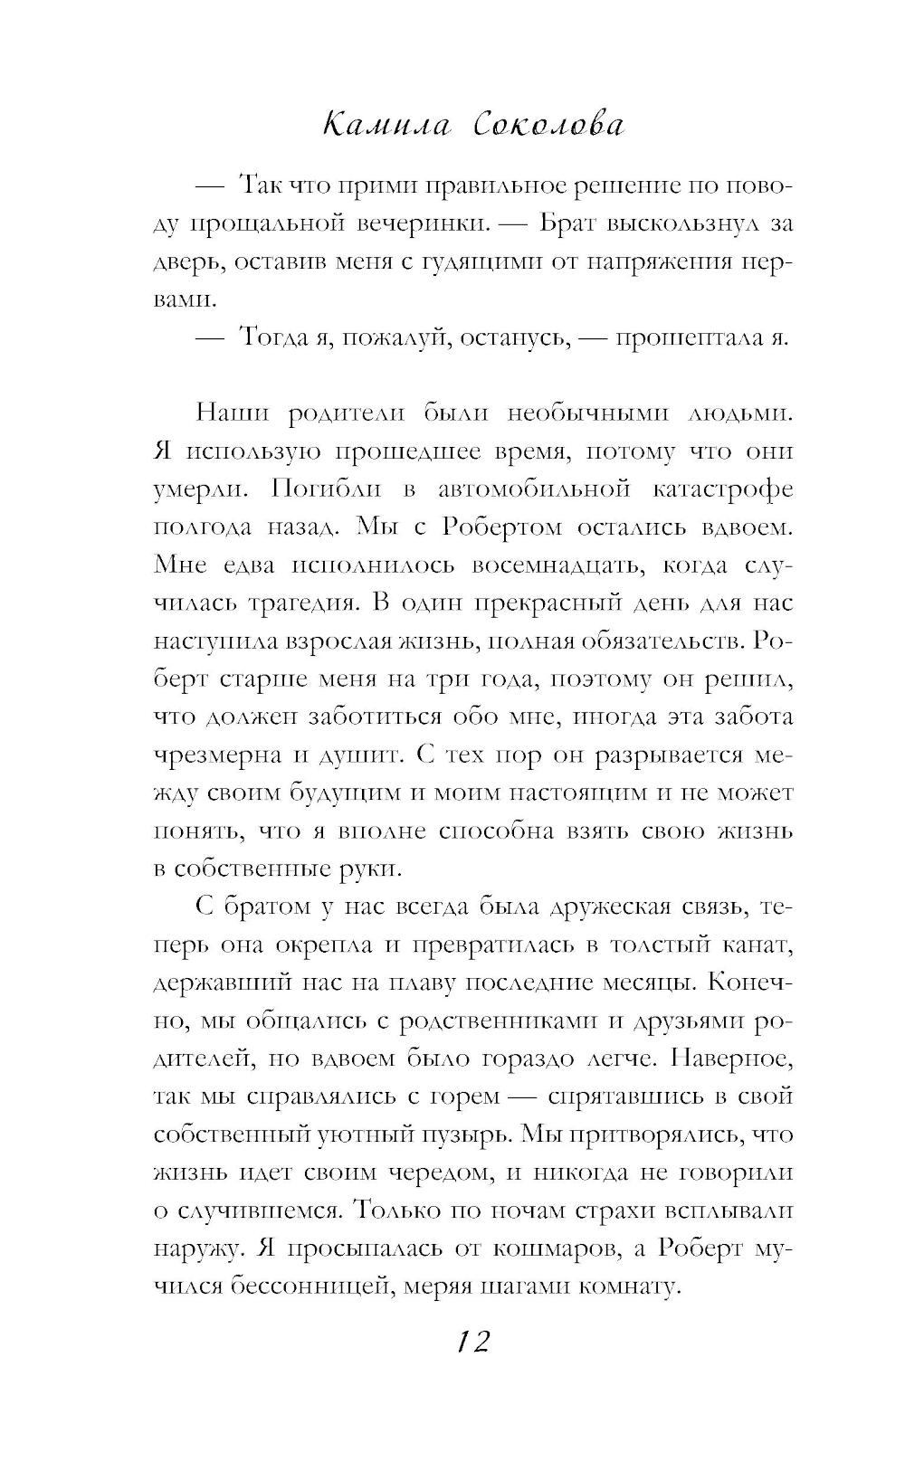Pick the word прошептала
[x=688, y=337]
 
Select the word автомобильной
[x=533, y=489]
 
